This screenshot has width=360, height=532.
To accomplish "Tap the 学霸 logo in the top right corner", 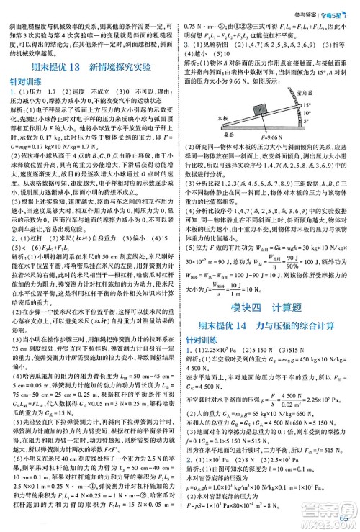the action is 334,7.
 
